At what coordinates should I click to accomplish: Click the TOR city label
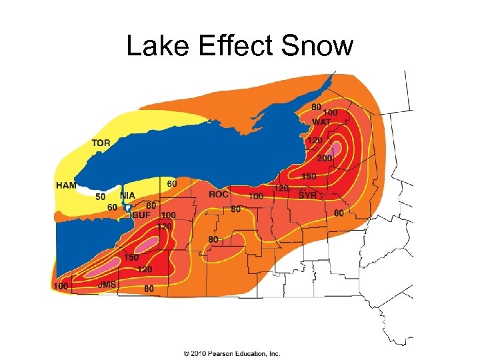[x=101, y=143]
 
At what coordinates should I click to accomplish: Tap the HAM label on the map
[x=66, y=185]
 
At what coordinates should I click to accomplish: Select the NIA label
[x=127, y=196]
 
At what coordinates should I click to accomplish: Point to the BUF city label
[x=141, y=215]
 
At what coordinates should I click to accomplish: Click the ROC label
[x=219, y=195]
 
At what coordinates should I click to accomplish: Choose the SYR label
[x=308, y=195]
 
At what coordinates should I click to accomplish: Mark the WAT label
[x=321, y=122]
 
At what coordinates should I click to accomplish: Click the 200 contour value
[x=325, y=158]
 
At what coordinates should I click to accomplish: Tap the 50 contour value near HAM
[x=101, y=197]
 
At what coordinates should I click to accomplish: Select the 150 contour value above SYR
[x=308, y=177]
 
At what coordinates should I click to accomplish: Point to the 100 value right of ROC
[x=255, y=197]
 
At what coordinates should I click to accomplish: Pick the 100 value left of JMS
[x=60, y=286]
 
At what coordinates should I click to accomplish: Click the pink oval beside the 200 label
[x=337, y=147]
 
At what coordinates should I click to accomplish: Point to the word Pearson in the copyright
[x=219, y=353]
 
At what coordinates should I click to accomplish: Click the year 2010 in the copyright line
[x=198, y=353]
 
